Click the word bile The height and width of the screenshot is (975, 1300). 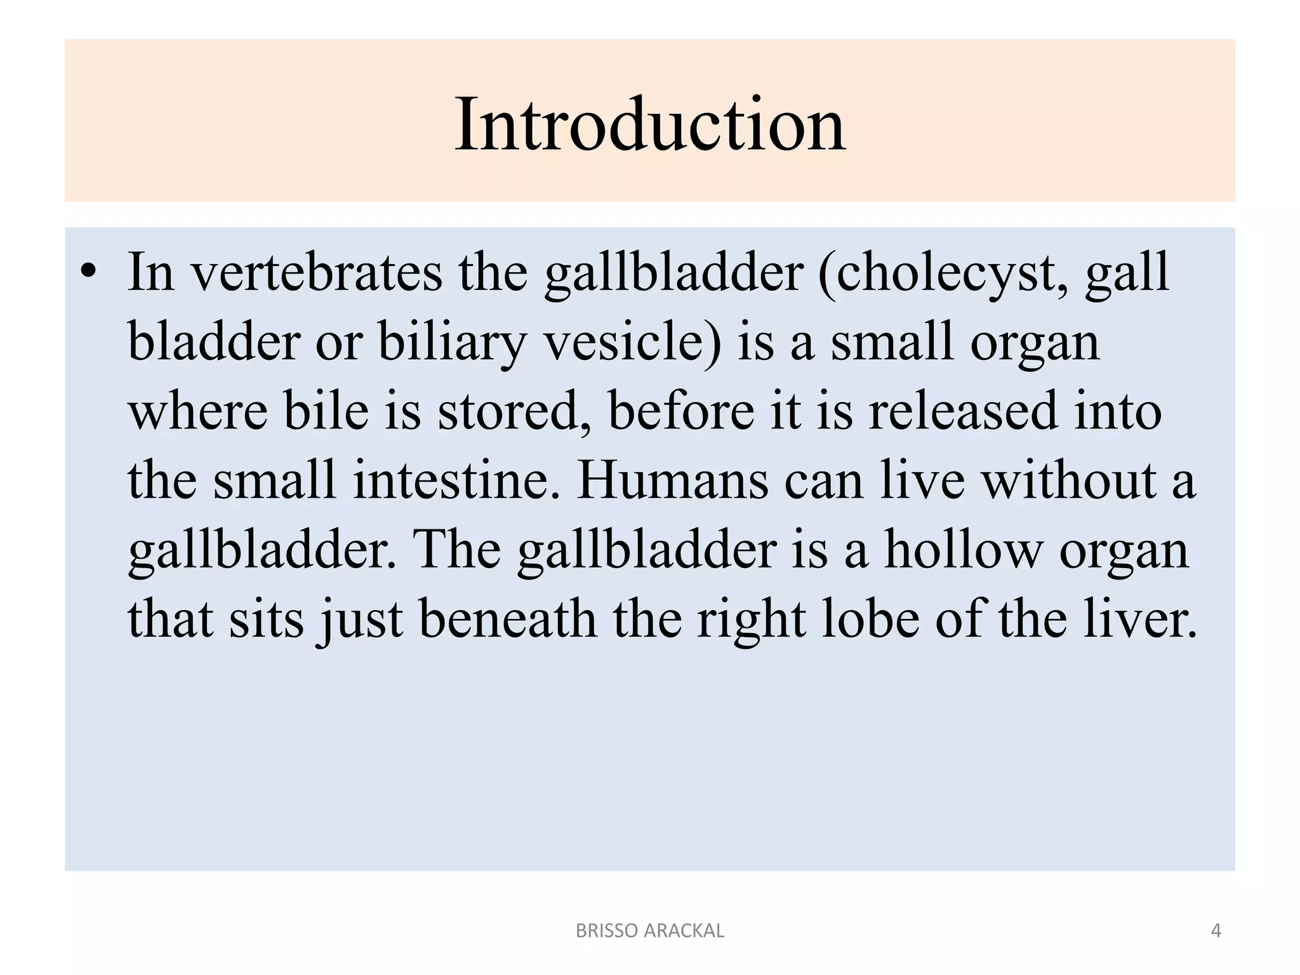[x=326, y=411]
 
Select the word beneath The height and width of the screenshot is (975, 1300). [x=508, y=618]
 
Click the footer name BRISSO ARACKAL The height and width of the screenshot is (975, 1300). [x=649, y=931]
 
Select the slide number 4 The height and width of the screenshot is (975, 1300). [x=1216, y=931]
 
